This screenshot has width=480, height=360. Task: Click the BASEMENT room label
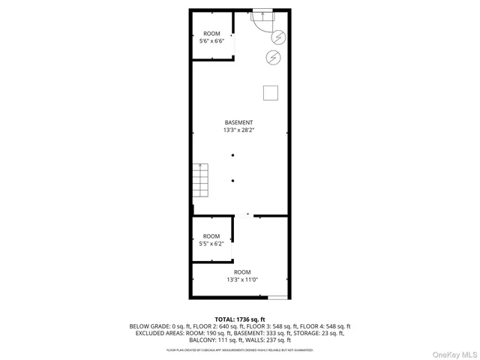point(238,122)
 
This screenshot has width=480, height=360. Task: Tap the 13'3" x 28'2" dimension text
point(238,130)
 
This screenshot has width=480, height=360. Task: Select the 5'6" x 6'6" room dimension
point(211,42)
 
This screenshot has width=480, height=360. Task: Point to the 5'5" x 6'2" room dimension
point(211,244)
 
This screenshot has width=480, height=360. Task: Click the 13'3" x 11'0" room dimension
point(241,280)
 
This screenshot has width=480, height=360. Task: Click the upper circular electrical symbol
point(278,37)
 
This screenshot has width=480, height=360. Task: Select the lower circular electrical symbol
point(273,57)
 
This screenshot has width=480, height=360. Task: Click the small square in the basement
point(271,93)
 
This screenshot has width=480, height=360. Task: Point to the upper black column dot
point(233,155)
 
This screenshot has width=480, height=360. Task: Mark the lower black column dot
point(233,180)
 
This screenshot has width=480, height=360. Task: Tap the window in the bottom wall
point(277,298)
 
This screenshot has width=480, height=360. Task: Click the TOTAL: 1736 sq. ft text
point(240,319)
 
